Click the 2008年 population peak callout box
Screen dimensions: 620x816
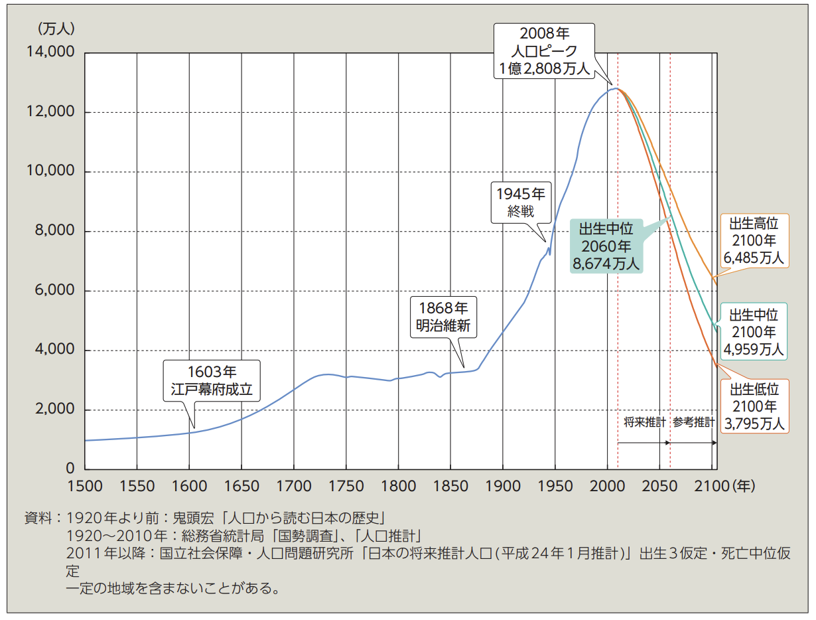[x=545, y=50]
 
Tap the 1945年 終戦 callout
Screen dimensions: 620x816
[x=521, y=202]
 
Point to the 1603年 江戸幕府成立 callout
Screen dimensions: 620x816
[x=212, y=380]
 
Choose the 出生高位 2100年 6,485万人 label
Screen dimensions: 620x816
[x=753, y=240]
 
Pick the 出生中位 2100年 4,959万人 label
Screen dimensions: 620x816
[x=753, y=332]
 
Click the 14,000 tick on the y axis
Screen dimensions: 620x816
[x=51, y=52]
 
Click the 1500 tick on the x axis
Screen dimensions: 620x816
[x=85, y=486]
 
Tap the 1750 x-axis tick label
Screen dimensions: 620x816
[x=346, y=486]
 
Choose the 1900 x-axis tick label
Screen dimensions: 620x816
[x=502, y=486]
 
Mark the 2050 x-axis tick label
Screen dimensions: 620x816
[x=659, y=486]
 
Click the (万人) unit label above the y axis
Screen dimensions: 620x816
[x=56, y=29]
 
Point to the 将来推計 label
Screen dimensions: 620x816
[x=644, y=422]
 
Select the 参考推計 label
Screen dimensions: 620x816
[x=694, y=422]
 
